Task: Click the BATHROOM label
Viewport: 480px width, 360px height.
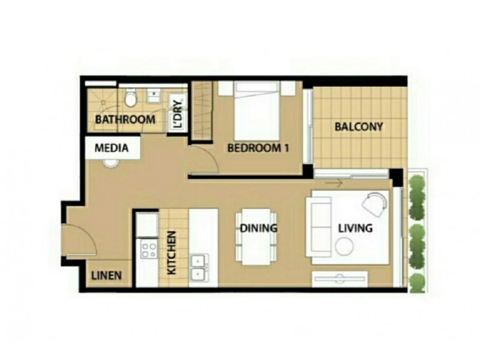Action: [125, 119]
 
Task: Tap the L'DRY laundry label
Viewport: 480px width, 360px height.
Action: [178, 112]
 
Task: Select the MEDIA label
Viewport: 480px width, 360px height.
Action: [112, 148]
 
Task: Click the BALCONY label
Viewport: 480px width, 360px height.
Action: [358, 127]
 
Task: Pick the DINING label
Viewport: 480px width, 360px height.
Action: [258, 228]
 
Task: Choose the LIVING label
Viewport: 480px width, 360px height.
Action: [355, 228]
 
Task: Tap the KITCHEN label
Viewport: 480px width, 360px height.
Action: [172, 253]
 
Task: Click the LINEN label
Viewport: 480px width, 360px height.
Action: [107, 277]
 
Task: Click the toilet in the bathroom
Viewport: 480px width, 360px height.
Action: [130, 97]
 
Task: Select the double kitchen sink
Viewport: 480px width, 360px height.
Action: [197, 267]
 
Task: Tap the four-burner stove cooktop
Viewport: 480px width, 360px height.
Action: [148, 249]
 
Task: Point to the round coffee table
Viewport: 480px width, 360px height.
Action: [344, 246]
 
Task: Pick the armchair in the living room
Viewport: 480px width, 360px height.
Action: [376, 204]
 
